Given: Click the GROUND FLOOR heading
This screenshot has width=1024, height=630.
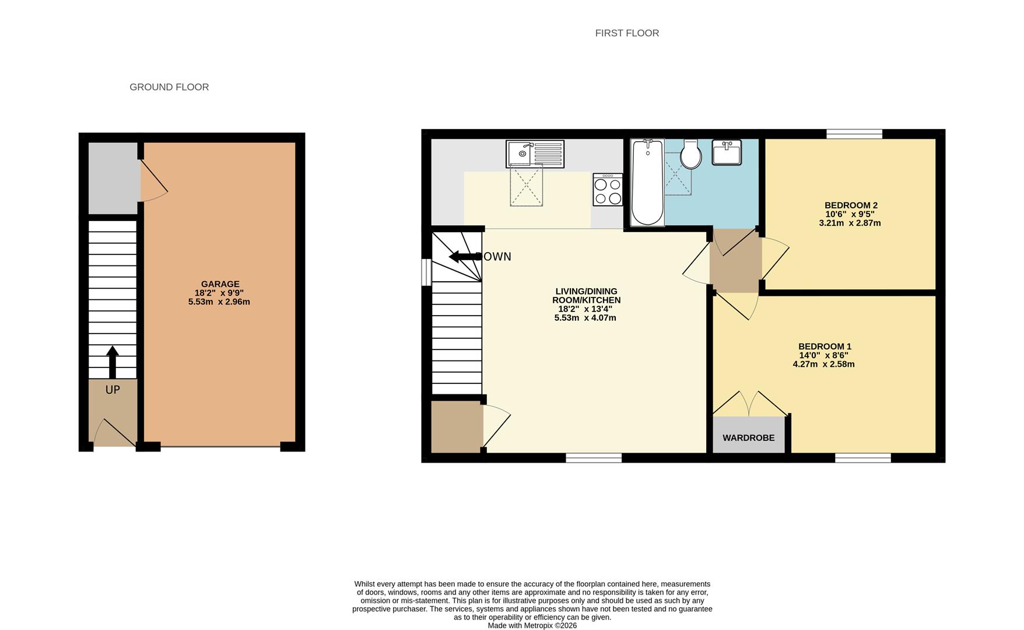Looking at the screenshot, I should (x=169, y=87).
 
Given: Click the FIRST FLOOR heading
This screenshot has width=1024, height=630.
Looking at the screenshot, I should (x=627, y=33).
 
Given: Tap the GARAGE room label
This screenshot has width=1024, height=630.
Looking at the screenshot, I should (x=220, y=284).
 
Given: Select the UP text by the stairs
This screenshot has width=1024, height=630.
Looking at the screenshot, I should (x=113, y=390).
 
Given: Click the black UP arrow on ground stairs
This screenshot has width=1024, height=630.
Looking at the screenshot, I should (x=113, y=362).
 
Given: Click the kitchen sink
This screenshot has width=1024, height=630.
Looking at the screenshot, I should (x=535, y=154).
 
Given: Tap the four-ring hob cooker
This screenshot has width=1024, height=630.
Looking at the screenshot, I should (x=608, y=190).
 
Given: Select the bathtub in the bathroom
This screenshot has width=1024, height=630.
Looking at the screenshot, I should (x=647, y=182).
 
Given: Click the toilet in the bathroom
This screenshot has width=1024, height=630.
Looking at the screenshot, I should (x=691, y=154).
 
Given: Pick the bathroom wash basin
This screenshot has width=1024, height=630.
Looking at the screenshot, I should (x=727, y=152).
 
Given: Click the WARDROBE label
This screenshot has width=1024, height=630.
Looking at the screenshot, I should (x=749, y=438).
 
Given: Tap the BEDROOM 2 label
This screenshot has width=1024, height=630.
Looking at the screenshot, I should (x=851, y=205).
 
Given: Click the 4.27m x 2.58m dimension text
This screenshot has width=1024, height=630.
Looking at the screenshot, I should (x=823, y=365).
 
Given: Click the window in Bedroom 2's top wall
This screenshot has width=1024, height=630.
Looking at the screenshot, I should (x=854, y=134).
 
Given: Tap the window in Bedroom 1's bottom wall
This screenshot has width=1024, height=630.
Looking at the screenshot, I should (x=863, y=458).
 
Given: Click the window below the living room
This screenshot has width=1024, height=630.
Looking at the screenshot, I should (x=594, y=458).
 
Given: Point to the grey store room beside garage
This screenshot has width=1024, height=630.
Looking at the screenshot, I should (x=113, y=178).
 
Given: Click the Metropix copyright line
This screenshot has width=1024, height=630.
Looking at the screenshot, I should (x=532, y=625).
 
